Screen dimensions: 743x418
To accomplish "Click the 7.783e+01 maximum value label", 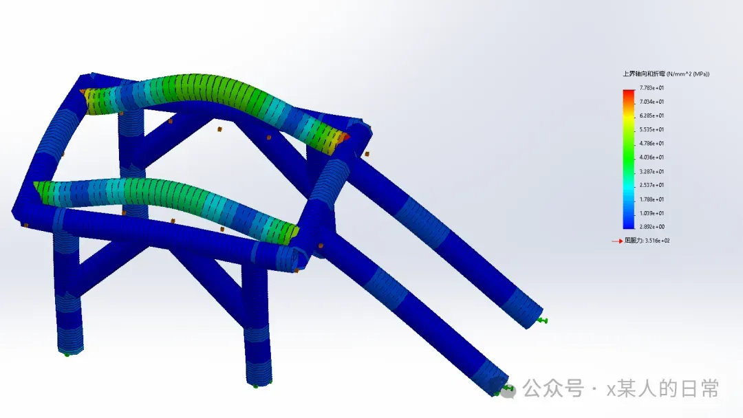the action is pos(652,88).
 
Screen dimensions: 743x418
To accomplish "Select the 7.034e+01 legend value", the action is pos(652,102).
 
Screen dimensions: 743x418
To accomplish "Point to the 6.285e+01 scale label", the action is pos(652,115).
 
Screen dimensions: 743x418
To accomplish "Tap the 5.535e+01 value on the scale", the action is pos(652,129).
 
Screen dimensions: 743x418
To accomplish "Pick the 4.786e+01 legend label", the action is pos(652,144).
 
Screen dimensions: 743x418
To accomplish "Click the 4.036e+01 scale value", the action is pos(652,157).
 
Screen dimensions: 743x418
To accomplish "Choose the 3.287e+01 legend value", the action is pos(652,171).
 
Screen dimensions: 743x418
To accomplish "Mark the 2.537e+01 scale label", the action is pos(652,185).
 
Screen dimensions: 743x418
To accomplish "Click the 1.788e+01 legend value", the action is pos(652,199).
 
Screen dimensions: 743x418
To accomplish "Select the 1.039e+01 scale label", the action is pos(652,213).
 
